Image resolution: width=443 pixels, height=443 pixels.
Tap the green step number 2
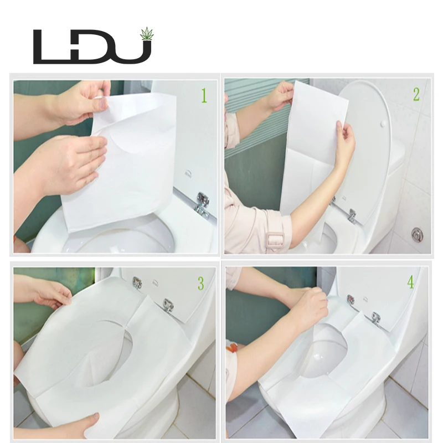tap(416, 94)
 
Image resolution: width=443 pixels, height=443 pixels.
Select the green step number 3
tap(200, 284)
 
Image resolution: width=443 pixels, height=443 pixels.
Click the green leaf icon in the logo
tap(147, 34)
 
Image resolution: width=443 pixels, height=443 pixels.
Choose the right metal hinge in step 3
tap(168, 303)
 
